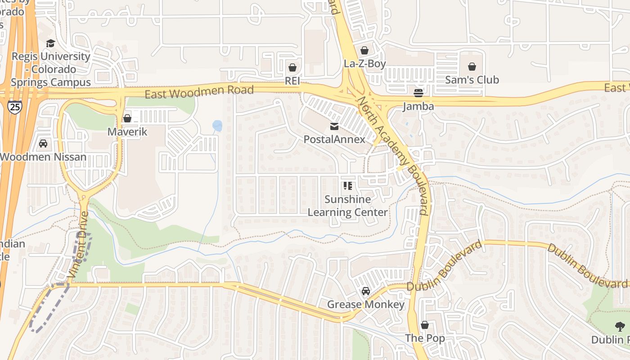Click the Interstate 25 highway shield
tap(15, 107)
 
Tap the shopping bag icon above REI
tap(292, 67)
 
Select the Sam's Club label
tap(472, 80)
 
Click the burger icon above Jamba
tap(418, 93)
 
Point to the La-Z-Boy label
tap(364, 63)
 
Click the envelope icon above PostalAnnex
tap(334, 126)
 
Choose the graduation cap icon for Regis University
tap(50, 43)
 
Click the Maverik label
tap(127, 132)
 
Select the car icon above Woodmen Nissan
tap(43, 144)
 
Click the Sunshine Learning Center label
tap(347, 206)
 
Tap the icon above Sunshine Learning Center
tap(347, 185)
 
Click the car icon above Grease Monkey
tap(366, 291)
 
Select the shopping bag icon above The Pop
tap(425, 325)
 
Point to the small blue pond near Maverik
tap(217, 126)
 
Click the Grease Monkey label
tap(365, 305)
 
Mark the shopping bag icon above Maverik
tap(127, 118)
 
